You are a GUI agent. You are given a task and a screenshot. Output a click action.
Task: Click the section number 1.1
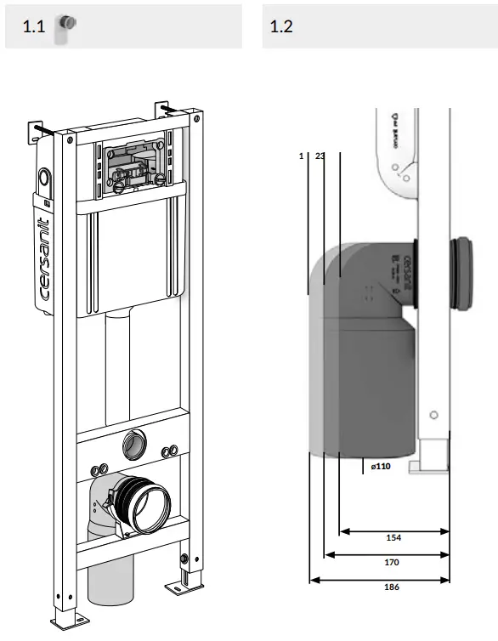32,26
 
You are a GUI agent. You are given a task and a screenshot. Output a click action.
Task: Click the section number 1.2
281,26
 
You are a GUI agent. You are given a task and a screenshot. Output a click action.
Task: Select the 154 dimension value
393,538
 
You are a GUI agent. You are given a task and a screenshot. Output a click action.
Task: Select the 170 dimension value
391,562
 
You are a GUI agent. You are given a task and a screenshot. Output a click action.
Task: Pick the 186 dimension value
391,587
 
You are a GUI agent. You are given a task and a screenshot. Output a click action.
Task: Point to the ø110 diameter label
381,466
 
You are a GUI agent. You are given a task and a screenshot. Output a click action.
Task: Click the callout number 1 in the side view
302,156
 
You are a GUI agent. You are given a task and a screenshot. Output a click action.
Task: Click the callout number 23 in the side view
320,156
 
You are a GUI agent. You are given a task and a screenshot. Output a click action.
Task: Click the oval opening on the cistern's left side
42,179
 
